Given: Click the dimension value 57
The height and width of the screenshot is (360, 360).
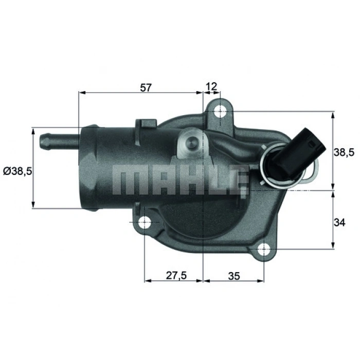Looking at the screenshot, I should click(x=146, y=87).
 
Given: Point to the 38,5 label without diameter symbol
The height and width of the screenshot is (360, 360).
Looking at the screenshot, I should click(x=343, y=152).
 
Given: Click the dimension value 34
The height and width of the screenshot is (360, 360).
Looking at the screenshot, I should click(x=339, y=222).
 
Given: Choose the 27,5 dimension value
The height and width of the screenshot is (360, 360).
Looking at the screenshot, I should click(x=175, y=275).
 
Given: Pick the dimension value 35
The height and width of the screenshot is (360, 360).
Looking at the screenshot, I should click(x=234, y=275).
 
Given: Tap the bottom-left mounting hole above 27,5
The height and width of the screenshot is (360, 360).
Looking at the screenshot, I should click(x=145, y=222).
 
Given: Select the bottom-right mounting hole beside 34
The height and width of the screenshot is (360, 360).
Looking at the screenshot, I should click(x=263, y=250).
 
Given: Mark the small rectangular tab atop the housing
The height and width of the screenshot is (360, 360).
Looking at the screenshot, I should click(x=146, y=125).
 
